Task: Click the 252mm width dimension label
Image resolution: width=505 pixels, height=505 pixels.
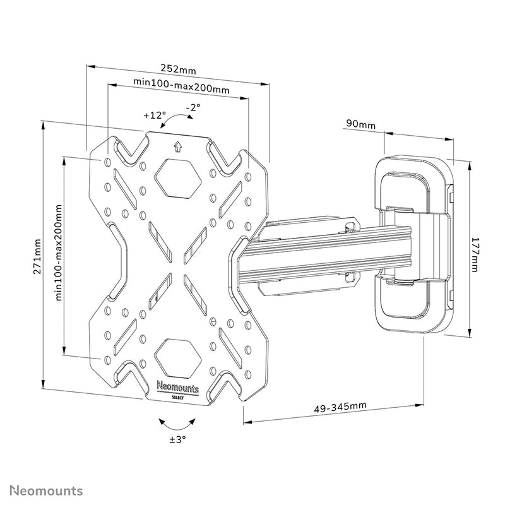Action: click(x=177, y=68)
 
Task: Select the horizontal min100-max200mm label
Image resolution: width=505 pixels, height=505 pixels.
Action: click(x=181, y=82)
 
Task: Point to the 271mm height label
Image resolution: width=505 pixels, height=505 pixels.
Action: click(x=38, y=256)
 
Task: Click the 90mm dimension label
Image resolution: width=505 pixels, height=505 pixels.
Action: click(x=359, y=124)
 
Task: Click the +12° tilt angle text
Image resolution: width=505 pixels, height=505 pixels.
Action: click(x=154, y=116)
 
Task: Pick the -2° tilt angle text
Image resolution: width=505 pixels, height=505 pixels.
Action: click(x=193, y=108)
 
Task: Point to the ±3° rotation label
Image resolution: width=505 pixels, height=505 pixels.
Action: click(x=178, y=439)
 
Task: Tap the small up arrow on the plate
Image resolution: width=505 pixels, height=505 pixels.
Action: click(x=178, y=147)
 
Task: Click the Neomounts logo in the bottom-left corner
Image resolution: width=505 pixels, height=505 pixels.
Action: click(x=44, y=490)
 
